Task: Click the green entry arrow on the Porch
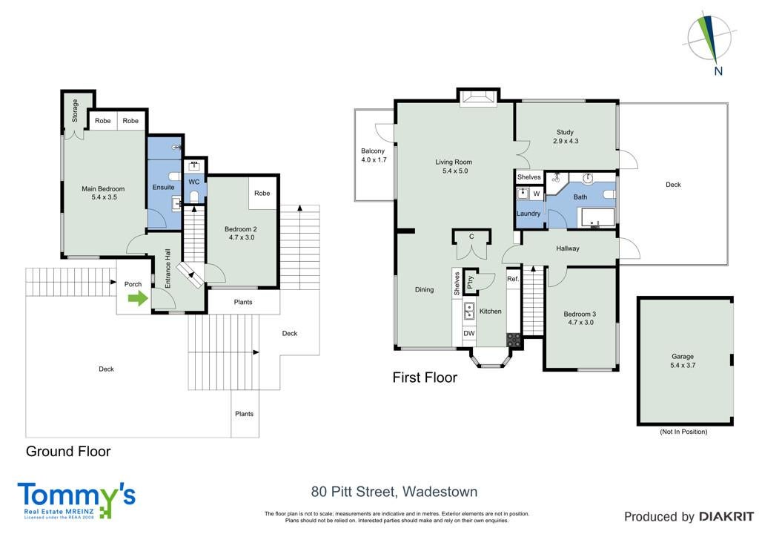(x=138, y=298)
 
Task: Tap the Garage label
(x=683, y=356)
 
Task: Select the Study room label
(x=565, y=132)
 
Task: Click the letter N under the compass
(x=718, y=71)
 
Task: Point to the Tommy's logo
(x=76, y=501)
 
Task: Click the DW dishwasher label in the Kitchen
(x=469, y=333)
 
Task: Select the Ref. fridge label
(x=513, y=279)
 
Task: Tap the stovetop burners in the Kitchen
(x=514, y=340)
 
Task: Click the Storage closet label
(x=75, y=111)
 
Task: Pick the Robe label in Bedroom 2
(x=262, y=193)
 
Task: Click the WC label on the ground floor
(x=194, y=182)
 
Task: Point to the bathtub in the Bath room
(x=598, y=218)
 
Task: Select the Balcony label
(x=373, y=151)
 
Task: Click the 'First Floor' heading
(x=425, y=378)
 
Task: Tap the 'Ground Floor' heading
(x=68, y=451)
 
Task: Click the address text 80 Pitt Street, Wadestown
(x=394, y=492)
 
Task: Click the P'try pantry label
(x=471, y=282)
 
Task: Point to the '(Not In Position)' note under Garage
(x=683, y=432)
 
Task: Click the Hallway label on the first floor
(x=568, y=248)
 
